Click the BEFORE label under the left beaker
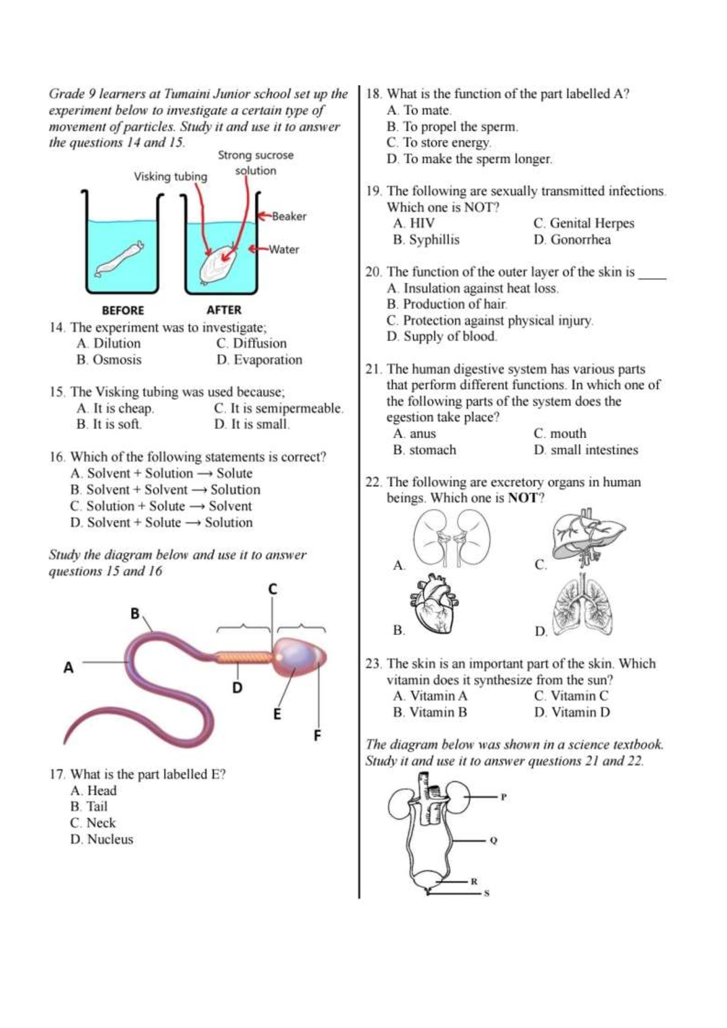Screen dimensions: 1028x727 tap(123, 310)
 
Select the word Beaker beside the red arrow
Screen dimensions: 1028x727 tap(289, 216)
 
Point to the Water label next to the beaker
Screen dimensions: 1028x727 tap(284, 249)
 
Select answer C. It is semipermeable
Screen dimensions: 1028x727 tap(279, 408)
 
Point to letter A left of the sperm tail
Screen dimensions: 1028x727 tap(68, 668)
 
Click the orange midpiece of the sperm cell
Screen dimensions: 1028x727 tap(244, 657)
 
